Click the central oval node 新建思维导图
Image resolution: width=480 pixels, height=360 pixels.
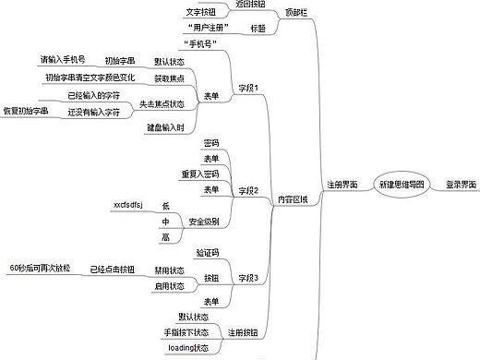click(402, 185)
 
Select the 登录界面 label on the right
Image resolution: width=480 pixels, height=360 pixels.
click(460, 185)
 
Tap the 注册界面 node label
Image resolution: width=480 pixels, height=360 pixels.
click(342, 185)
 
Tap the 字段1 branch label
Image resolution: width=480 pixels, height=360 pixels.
click(248, 88)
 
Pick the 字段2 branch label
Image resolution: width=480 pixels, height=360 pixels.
click(248, 190)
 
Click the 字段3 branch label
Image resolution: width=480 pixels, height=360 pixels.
click(248, 277)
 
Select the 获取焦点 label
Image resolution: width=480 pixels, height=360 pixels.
click(195, 78)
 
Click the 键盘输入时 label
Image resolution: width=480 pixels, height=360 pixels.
click(191, 127)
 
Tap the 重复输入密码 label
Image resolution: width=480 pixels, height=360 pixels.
click(199, 174)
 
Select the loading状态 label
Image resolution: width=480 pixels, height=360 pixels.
click(188, 347)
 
